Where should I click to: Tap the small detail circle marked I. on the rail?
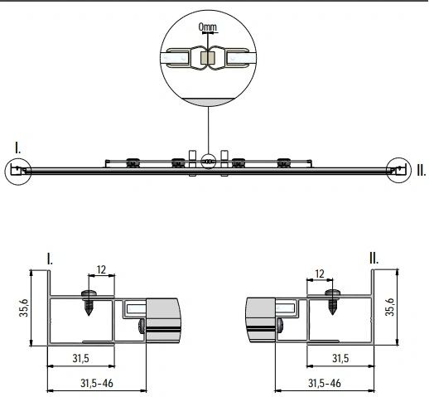[17, 171]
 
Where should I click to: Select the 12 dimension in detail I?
[100, 269]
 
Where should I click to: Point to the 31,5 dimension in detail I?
[81, 359]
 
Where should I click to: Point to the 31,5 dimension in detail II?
[340, 359]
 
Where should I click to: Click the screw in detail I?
[88, 300]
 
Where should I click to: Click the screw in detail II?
[335, 300]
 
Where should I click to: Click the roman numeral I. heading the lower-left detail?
[51, 259]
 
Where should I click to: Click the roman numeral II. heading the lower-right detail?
[374, 259]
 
